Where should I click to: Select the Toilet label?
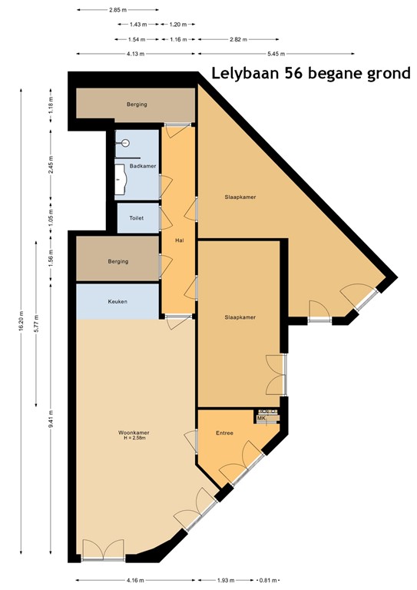137,218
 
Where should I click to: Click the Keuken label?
117,301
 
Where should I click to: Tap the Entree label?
223,433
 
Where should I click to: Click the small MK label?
261,418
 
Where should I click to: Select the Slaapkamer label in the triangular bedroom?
240,197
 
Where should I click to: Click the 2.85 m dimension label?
117,11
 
